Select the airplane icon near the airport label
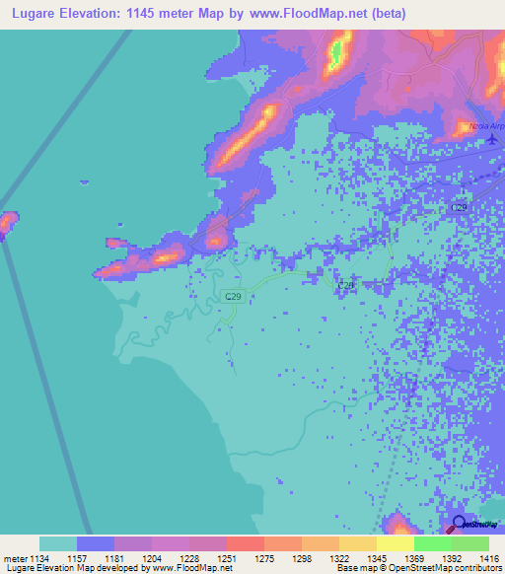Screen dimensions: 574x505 pos(493,140)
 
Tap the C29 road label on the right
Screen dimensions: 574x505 pos(460,208)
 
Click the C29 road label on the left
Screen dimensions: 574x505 pos(233,296)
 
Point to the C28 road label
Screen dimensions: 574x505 pos(345,285)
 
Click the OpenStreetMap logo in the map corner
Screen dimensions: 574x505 pos(477,525)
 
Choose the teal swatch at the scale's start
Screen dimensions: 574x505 pos(57,543)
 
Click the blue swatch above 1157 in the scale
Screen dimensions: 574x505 pos(95,543)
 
